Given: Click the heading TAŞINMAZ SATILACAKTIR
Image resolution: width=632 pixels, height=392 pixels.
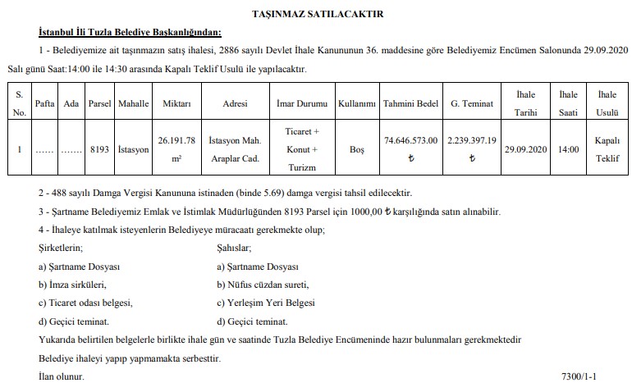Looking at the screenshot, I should (315, 14).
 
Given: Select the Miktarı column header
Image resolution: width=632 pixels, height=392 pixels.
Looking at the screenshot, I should (176, 104).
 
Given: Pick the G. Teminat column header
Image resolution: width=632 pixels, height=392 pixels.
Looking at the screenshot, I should (471, 104).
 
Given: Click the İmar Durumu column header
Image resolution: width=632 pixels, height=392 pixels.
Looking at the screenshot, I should (301, 104).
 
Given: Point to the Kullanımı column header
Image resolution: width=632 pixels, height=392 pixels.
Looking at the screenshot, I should (356, 104).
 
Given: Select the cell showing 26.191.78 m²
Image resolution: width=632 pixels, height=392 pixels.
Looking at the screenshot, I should (176, 148).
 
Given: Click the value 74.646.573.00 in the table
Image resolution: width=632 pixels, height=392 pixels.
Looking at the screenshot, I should (410, 141).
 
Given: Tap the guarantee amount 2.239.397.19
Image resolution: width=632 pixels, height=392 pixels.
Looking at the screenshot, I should (471, 141).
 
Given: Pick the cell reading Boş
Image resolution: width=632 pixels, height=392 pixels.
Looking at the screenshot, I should (356, 150).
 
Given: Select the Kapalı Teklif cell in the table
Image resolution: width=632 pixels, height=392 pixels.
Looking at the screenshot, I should (607, 150).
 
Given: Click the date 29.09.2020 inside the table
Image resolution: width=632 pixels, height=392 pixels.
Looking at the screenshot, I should (525, 150).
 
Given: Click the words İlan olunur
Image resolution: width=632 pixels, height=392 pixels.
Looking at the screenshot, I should (61, 377).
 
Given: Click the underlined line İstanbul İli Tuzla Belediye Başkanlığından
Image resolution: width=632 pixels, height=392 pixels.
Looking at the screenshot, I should (129, 33).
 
